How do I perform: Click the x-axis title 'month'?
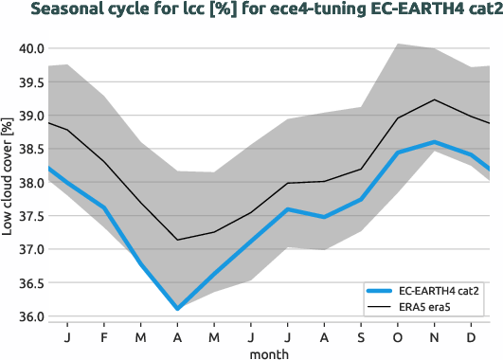[x=269, y=352]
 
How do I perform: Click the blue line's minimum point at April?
[x=177, y=309]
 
